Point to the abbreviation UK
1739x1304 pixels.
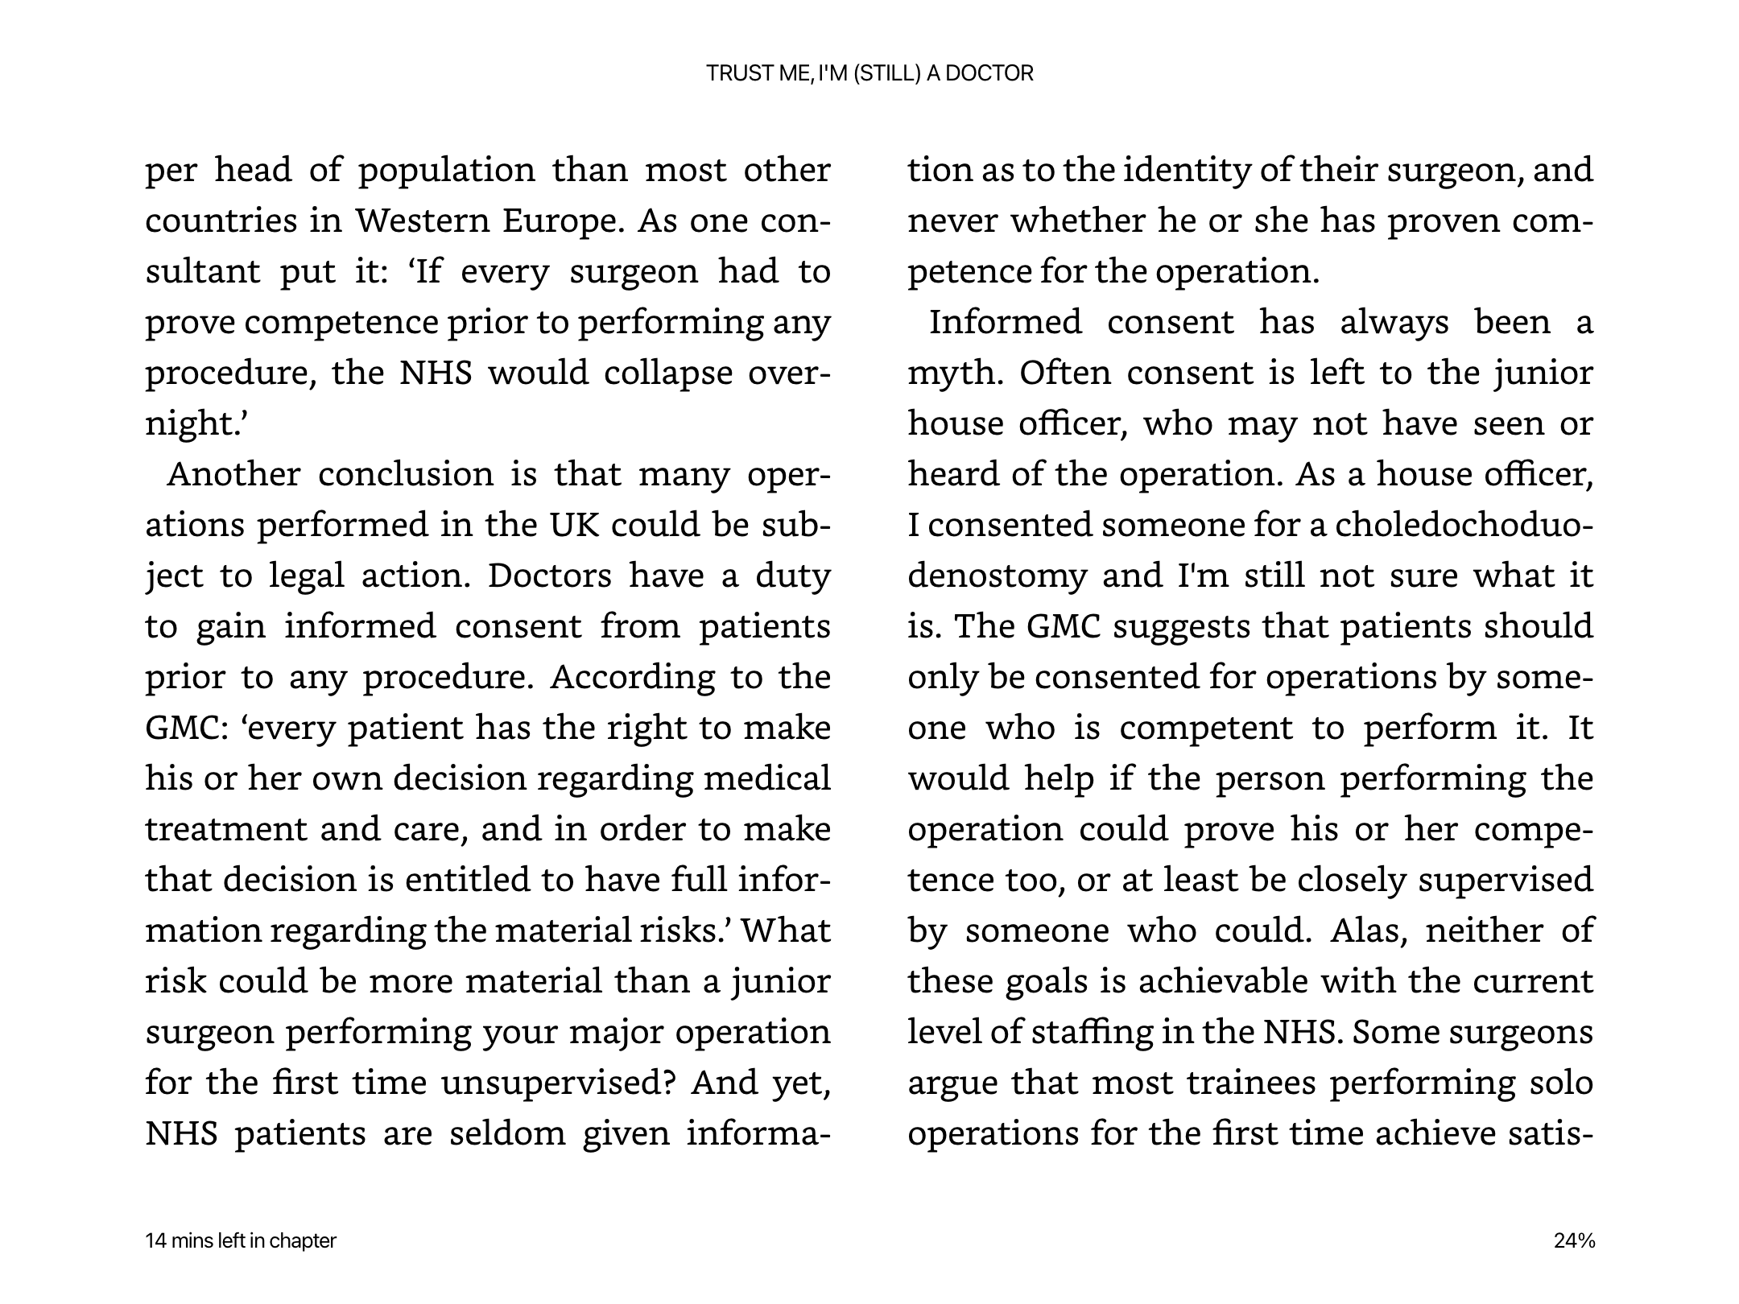[x=575, y=525]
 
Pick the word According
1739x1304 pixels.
[x=632, y=677]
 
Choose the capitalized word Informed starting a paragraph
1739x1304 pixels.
[x=1005, y=322]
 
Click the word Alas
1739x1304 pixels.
[x=1369, y=931]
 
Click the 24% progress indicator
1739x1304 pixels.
[x=1574, y=1240]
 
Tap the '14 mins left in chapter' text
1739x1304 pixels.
[x=241, y=1240]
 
